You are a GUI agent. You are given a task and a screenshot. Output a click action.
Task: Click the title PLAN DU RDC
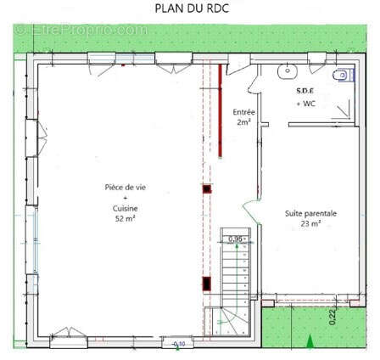[191, 8]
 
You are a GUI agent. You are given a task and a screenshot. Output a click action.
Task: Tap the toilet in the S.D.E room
[340, 76]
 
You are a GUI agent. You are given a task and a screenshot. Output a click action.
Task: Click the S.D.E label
[305, 90]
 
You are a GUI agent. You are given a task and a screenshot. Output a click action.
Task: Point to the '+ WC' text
[305, 103]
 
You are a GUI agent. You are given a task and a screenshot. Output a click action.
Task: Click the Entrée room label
[243, 111]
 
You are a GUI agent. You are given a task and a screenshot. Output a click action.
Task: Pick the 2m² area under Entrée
[243, 122]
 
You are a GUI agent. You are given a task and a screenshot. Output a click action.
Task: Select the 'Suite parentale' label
[310, 213]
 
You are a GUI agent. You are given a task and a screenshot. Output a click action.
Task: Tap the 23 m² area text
[310, 223]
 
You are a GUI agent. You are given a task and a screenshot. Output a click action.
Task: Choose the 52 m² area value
[125, 218]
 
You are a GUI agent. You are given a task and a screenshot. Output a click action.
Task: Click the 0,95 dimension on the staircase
[236, 239]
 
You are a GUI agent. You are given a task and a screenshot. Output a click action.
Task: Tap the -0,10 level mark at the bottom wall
[177, 343]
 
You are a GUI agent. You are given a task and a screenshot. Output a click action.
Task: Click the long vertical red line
[221, 110]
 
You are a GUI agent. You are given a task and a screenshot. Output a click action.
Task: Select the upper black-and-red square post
[206, 189]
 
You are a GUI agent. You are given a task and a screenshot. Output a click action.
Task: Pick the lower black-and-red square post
[206, 282]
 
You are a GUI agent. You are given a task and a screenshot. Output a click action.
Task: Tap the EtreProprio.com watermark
[81, 31]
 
